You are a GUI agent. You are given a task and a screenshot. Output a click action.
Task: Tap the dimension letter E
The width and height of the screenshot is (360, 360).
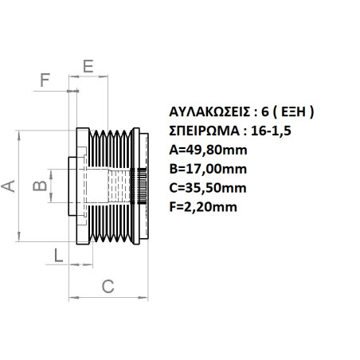88,65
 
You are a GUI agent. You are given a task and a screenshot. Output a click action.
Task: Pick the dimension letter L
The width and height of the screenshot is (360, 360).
58,255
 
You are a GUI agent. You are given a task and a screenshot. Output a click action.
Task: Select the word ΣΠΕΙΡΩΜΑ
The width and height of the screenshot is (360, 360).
199,131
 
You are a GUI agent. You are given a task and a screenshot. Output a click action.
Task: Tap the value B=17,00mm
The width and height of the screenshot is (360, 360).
209,169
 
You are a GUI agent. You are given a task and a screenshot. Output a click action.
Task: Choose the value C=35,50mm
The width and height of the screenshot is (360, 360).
209,188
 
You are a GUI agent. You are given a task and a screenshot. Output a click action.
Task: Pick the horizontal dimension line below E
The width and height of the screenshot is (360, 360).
88,77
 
